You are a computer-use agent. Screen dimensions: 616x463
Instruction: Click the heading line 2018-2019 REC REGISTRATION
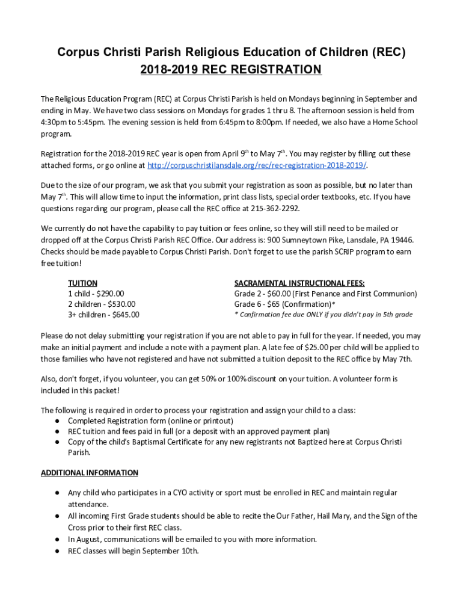231,70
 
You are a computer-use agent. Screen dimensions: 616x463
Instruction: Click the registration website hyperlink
257,165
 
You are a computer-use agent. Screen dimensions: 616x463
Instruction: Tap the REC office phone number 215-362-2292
277,208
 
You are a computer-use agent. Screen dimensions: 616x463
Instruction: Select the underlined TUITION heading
82,283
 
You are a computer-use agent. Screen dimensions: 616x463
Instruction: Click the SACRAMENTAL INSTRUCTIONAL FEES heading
299,283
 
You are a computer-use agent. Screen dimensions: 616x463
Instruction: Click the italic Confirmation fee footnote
323,315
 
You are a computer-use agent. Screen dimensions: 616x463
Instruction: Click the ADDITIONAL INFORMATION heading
89,473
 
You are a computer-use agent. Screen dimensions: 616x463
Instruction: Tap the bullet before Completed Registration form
56,420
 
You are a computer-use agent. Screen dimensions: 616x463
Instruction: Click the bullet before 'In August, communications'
56,539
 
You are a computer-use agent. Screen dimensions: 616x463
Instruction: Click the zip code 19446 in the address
402,239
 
